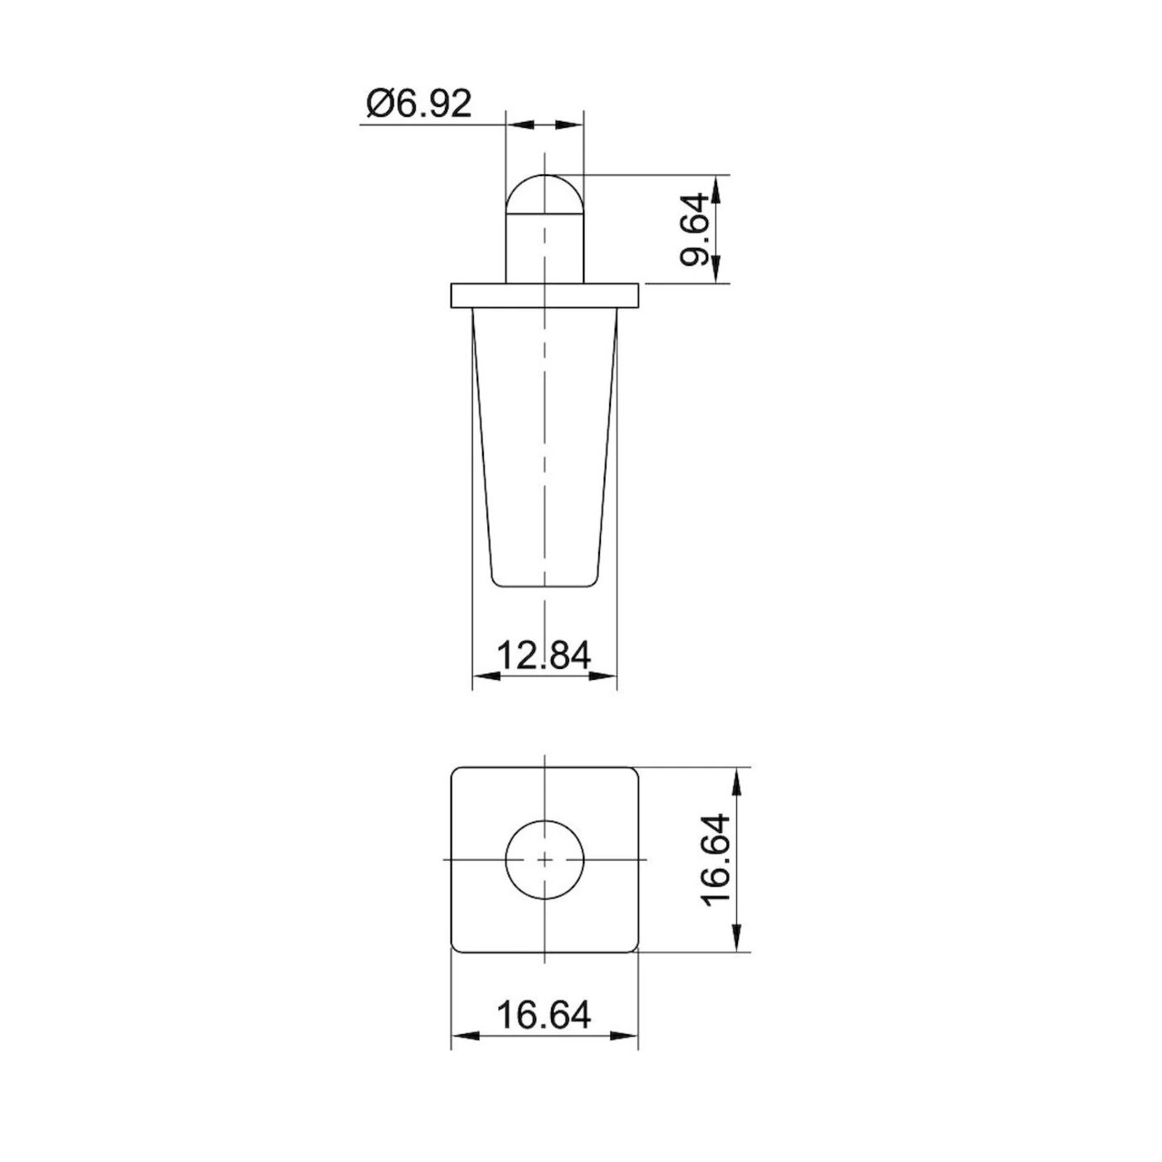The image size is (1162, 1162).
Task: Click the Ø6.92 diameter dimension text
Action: click(x=419, y=105)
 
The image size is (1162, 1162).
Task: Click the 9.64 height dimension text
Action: click(x=694, y=230)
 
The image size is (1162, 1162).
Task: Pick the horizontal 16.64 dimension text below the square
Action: click(x=544, y=1014)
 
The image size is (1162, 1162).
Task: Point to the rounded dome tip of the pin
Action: click(x=544, y=193)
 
